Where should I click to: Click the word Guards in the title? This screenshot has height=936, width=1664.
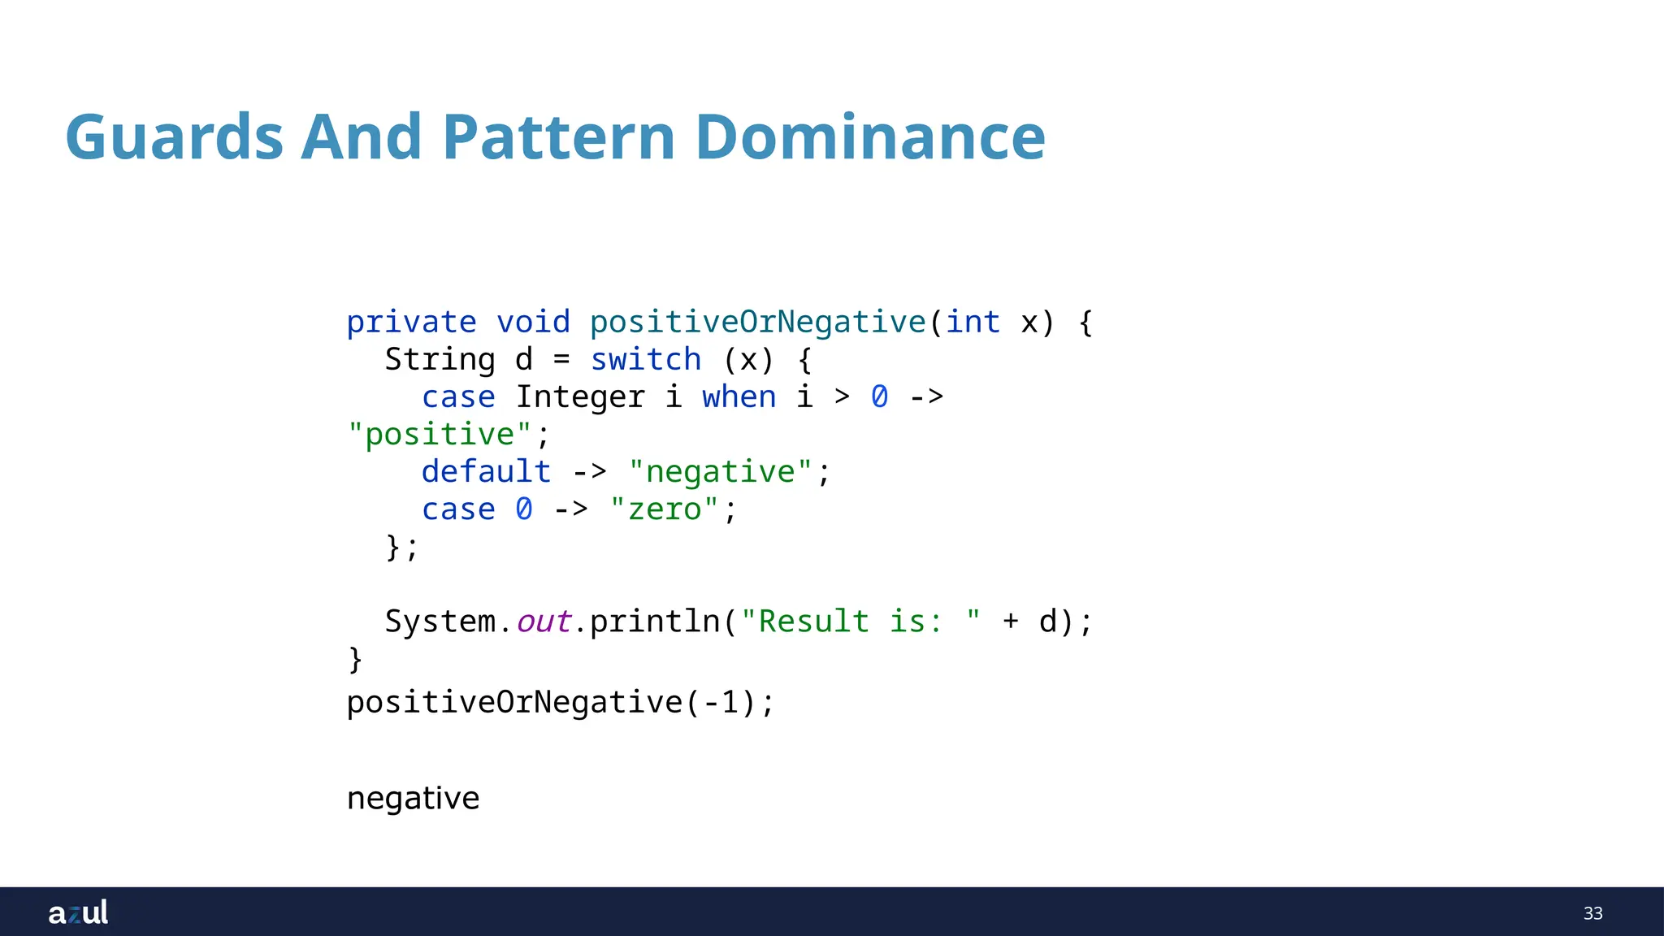pos(174,137)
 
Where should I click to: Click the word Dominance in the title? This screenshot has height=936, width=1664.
pos(869,137)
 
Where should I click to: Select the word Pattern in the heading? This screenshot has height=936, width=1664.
pos(559,137)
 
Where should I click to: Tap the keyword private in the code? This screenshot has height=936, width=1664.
pos(411,323)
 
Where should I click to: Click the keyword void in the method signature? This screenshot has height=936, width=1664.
pos(533,323)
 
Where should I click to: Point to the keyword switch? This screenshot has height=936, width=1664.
pos(645,360)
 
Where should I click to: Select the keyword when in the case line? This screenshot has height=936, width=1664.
pos(739,397)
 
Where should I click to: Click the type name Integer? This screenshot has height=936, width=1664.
pos(580,397)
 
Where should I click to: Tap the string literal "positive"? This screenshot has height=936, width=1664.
pos(439,435)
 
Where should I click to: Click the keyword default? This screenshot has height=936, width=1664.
pos(486,472)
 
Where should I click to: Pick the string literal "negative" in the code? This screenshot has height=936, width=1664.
pos(720,472)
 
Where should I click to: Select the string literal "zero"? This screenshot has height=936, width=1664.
pos(664,509)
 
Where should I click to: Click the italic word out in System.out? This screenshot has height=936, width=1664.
pos(544,622)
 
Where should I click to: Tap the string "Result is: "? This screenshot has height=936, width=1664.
pos(860,622)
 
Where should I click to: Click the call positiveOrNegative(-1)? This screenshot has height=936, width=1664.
pos(561,703)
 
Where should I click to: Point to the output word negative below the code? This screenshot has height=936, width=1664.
pos(413,799)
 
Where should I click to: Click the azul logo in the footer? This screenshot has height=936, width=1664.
pos(78,912)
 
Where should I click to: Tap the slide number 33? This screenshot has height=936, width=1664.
pos(1592,913)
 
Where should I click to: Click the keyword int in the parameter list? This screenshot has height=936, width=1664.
pos(973,323)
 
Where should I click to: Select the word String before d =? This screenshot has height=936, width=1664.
pos(440,360)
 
